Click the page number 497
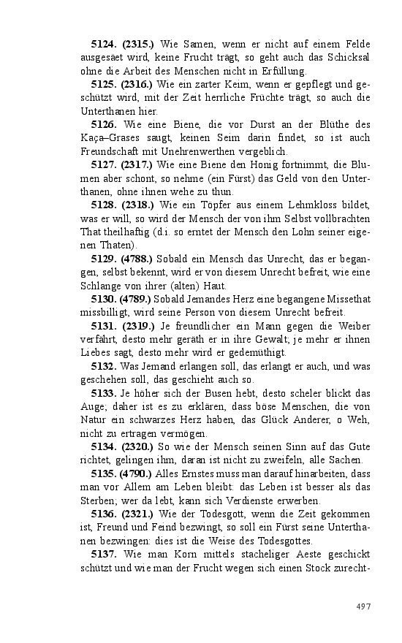(363, 606)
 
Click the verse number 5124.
(105, 45)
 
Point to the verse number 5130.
(105, 298)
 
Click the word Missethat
(345, 298)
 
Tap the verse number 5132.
(105, 365)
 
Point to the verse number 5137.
(105, 554)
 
